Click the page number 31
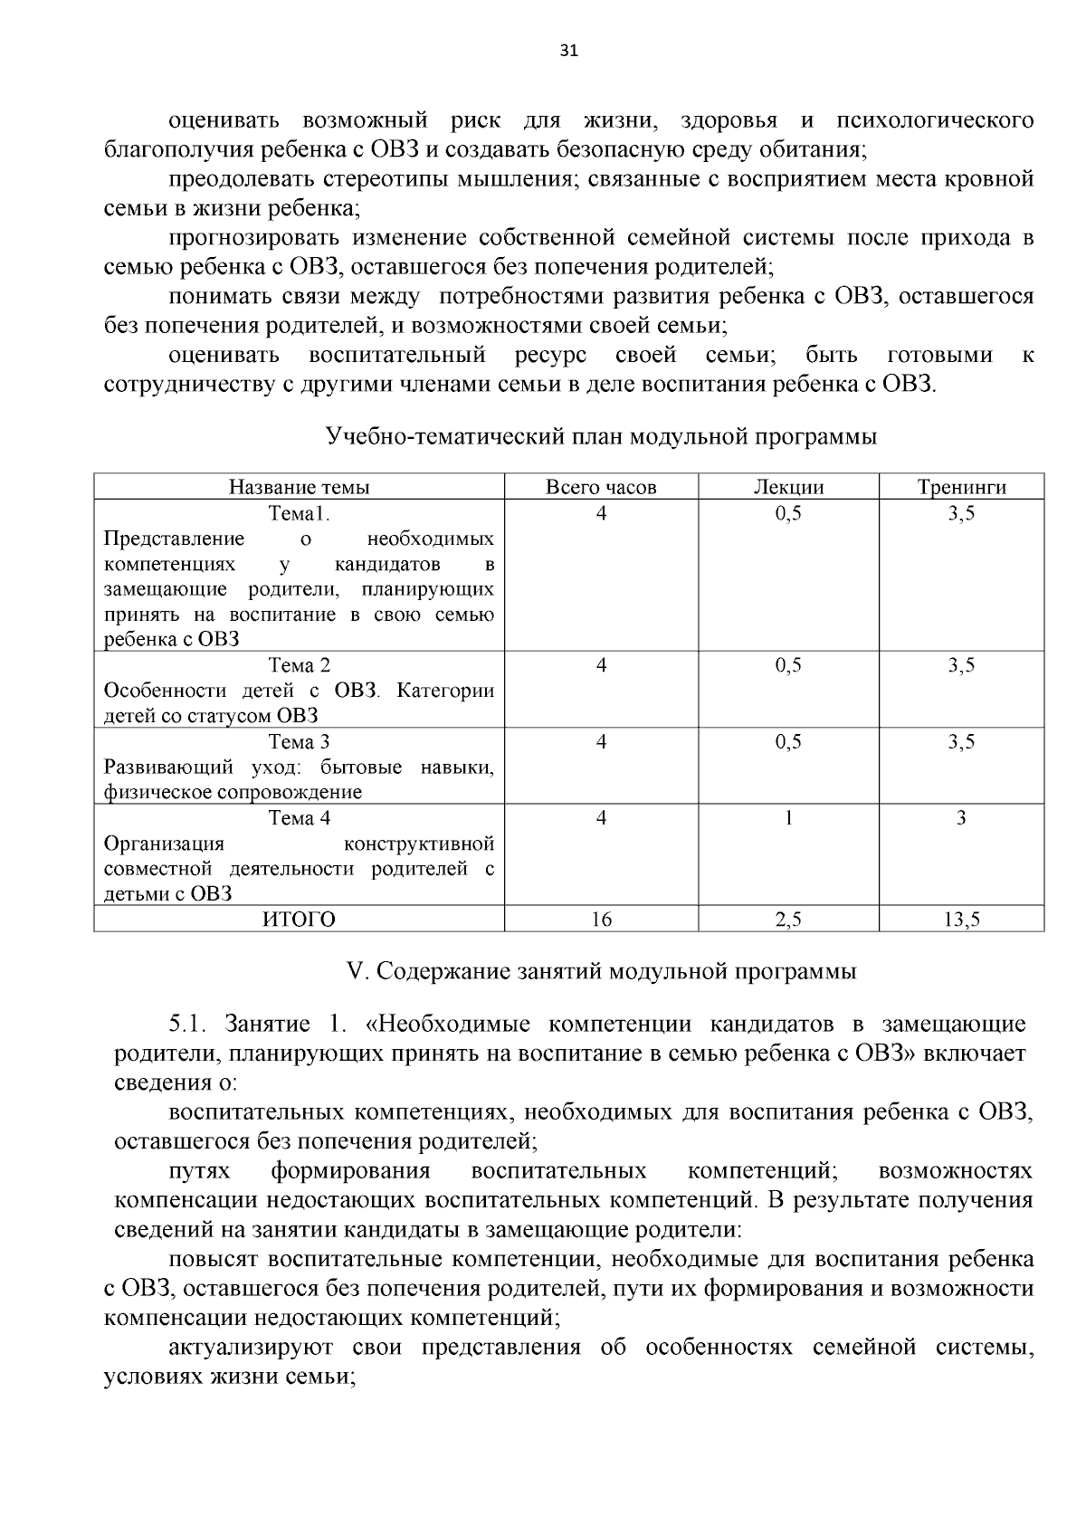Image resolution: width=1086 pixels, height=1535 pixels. click(568, 51)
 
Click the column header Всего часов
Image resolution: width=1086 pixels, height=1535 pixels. click(601, 487)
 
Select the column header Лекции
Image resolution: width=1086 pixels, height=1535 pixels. click(788, 487)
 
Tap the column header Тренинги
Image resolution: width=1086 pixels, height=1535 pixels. click(961, 487)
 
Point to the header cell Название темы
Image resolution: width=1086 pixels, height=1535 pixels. click(299, 487)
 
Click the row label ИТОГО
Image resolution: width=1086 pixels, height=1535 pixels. click(299, 920)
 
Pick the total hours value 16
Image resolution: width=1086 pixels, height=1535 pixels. click(601, 920)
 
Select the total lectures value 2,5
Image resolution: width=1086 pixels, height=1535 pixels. click(788, 920)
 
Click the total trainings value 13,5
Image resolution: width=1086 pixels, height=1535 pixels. click(961, 920)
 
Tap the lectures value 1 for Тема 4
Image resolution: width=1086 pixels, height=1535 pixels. click(788, 818)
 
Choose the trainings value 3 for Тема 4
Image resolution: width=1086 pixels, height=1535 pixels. click(961, 818)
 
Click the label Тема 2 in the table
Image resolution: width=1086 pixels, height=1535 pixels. click(299, 666)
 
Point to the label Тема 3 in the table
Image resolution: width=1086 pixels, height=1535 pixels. click(299, 742)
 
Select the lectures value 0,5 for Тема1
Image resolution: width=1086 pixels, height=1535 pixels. click(788, 513)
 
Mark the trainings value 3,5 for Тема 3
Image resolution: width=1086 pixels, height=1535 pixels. click(961, 742)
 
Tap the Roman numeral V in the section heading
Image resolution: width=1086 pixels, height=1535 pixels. click(355, 971)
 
